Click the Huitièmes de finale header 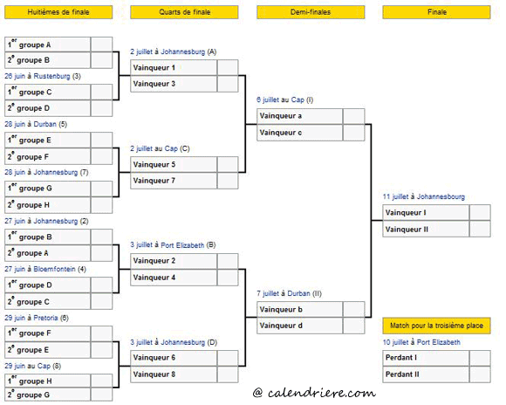(58, 12)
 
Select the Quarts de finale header (184, 12)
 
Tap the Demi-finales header (311, 12)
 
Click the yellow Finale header (436, 12)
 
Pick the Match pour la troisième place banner (436, 326)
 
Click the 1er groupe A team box (47, 45)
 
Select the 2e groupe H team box (47, 205)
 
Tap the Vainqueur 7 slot (174, 181)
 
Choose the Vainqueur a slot (299, 116)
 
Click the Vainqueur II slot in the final (426, 230)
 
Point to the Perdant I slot (426, 358)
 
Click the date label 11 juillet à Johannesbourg (424, 196)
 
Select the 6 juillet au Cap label (285, 100)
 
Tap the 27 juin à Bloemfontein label (45, 269)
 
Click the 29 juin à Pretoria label (37, 318)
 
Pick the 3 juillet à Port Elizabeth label (173, 245)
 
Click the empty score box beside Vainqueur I (480, 213)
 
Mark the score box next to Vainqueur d (353, 326)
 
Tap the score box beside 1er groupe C (102, 92)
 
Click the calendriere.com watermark (315, 393)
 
